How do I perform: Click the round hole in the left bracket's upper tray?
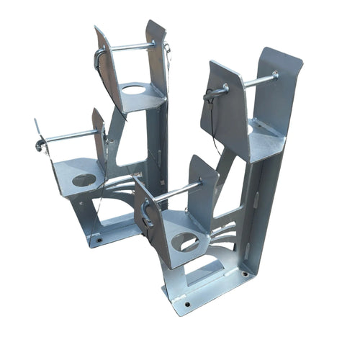tap(132, 90)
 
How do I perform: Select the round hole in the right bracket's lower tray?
tap(184, 242)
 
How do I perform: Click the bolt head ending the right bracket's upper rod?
tap(275, 74)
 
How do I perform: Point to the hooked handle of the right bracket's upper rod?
tap(212, 94)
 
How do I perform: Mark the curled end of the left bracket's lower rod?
tap(40, 146)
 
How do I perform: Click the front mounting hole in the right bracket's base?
tap(188, 303)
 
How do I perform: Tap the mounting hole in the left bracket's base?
tap(99, 240)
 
